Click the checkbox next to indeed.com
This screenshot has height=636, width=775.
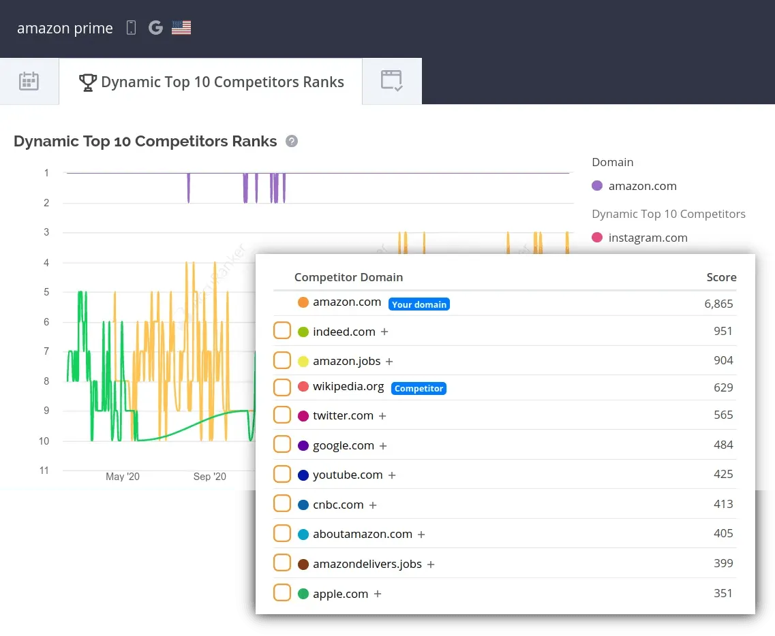click(x=282, y=331)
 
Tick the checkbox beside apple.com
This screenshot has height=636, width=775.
click(x=282, y=593)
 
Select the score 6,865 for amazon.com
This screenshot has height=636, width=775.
click(x=718, y=304)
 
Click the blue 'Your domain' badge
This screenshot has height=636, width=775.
click(x=419, y=304)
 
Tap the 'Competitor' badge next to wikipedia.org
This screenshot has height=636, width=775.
click(x=419, y=388)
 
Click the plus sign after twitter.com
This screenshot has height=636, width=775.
click(x=382, y=415)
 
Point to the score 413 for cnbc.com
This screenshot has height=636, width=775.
click(x=723, y=504)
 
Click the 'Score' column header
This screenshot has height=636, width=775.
click(x=721, y=277)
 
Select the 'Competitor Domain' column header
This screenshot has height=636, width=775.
click(x=348, y=277)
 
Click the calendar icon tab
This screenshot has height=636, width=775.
click(x=29, y=82)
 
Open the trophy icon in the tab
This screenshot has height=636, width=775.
click(x=88, y=82)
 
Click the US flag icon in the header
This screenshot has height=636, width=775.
click(x=181, y=28)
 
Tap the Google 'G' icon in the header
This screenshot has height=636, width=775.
click(x=155, y=28)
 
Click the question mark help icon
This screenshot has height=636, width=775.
click(x=292, y=141)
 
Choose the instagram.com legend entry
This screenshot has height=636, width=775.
click(x=647, y=238)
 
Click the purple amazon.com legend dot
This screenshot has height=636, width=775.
click(x=597, y=186)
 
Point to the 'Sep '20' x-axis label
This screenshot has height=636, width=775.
click(x=209, y=477)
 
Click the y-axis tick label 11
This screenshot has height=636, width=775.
click(x=44, y=471)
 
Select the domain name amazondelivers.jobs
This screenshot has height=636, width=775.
click(x=367, y=564)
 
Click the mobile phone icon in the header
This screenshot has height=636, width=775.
click(x=132, y=28)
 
